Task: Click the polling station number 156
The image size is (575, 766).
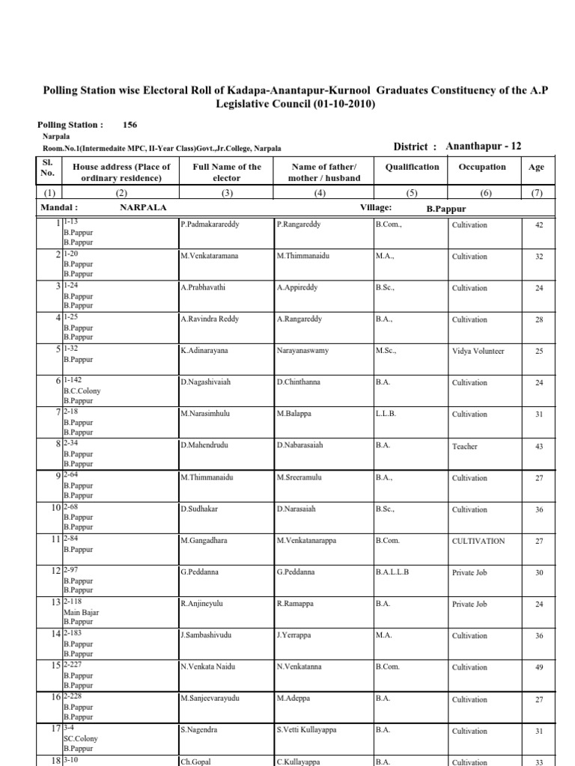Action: (130, 126)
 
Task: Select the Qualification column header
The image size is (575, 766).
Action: (413, 168)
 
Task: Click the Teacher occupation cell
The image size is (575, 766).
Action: (464, 447)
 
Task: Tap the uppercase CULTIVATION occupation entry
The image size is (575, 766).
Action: (478, 541)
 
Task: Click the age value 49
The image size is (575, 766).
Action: (538, 668)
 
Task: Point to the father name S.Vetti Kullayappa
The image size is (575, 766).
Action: (311, 730)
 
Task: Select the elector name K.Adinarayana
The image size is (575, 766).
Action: (207, 350)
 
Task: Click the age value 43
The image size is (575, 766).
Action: (538, 447)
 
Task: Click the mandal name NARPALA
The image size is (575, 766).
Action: (143, 207)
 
